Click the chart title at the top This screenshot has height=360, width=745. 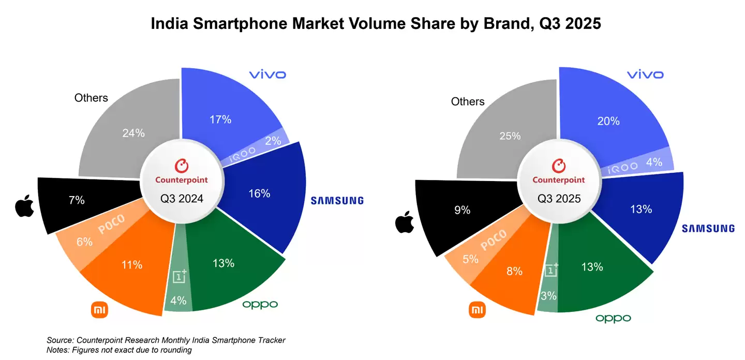pyautogui.click(x=376, y=24)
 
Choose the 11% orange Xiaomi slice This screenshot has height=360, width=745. pyautogui.click(x=129, y=269)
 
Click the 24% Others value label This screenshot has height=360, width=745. pyautogui.click(x=133, y=133)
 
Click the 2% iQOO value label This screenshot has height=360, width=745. pyautogui.click(x=273, y=141)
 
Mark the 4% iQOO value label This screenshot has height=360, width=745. pyautogui.click(x=654, y=161)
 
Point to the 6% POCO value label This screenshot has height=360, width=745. pyautogui.click(x=84, y=242)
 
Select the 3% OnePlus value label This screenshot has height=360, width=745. pyautogui.click(x=548, y=296)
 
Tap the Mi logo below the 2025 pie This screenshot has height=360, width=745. pyautogui.click(x=477, y=310)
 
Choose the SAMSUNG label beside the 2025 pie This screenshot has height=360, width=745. pyautogui.click(x=708, y=228)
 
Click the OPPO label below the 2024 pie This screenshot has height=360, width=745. pyautogui.click(x=260, y=305)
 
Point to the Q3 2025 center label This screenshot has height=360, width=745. pyautogui.click(x=559, y=198)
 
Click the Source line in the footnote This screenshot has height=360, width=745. pyautogui.click(x=166, y=340)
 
